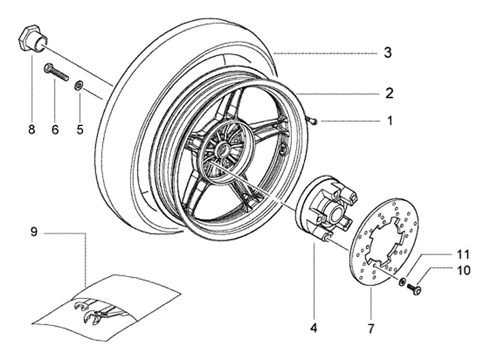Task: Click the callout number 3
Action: tap(388, 52)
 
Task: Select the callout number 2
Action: tap(389, 93)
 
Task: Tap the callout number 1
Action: tap(390, 121)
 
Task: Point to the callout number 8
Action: tap(31, 130)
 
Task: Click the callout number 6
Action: tap(55, 130)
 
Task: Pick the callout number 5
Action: tap(80, 130)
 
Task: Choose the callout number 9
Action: tap(34, 232)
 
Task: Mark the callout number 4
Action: tap(314, 328)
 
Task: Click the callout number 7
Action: tap(371, 329)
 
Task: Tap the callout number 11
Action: tap(463, 254)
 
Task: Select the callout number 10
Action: tap(464, 270)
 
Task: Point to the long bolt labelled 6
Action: tap(57, 72)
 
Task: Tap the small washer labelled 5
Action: tap(78, 85)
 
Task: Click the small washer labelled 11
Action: tap(402, 282)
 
